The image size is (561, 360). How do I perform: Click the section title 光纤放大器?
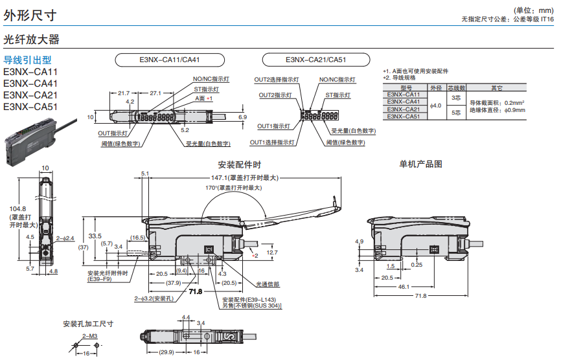(x=31, y=39)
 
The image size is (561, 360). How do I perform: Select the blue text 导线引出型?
(x=29, y=60)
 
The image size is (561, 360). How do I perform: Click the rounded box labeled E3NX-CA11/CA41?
(x=170, y=60)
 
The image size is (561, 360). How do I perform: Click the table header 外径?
(x=436, y=87)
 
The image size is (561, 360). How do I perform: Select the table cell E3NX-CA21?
(x=403, y=109)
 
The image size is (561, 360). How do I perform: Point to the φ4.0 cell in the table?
(x=436, y=106)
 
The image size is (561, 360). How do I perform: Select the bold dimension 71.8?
(x=195, y=291)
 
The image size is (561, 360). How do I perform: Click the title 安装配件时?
(x=240, y=164)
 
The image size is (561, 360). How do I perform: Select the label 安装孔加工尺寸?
(x=88, y=324)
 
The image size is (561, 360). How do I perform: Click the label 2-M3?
(x=89, y=336)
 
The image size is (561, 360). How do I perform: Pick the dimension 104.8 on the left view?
(x=18, y=208)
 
